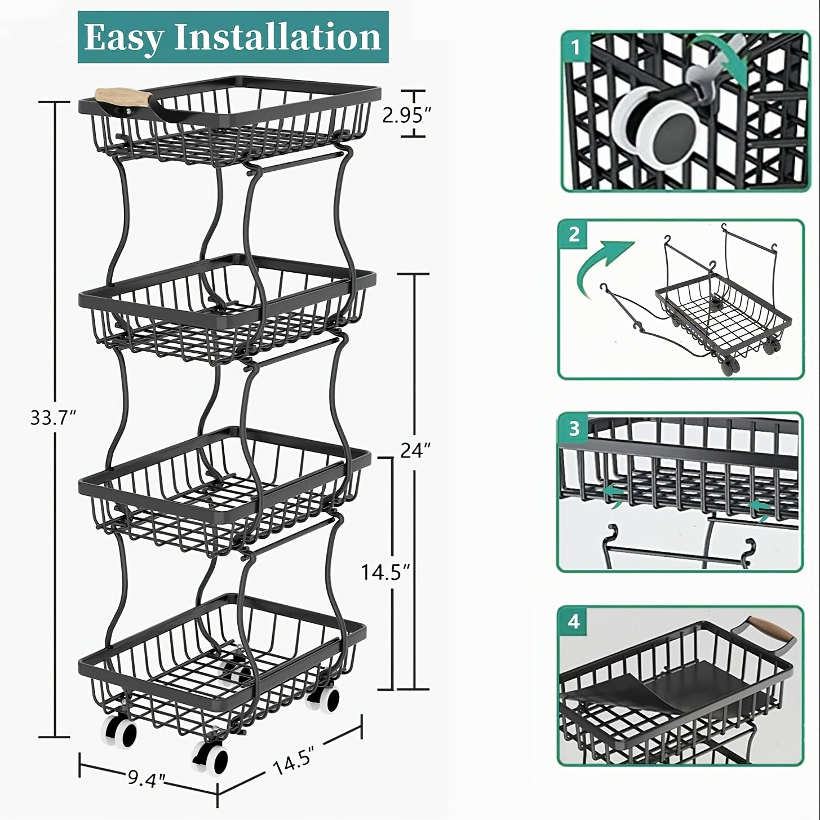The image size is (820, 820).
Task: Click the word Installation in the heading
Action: (x=278, y=37)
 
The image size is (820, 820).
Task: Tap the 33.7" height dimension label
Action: (x=53, y=418)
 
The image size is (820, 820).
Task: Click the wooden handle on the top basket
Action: (x=123, y=96)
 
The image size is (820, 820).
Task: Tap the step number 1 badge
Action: (x=576, y=48)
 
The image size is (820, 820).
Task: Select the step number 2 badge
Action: (x=574, y=234)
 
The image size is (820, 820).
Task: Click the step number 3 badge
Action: (x=574, y=428)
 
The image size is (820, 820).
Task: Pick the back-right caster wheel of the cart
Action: (x=324, y=698)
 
